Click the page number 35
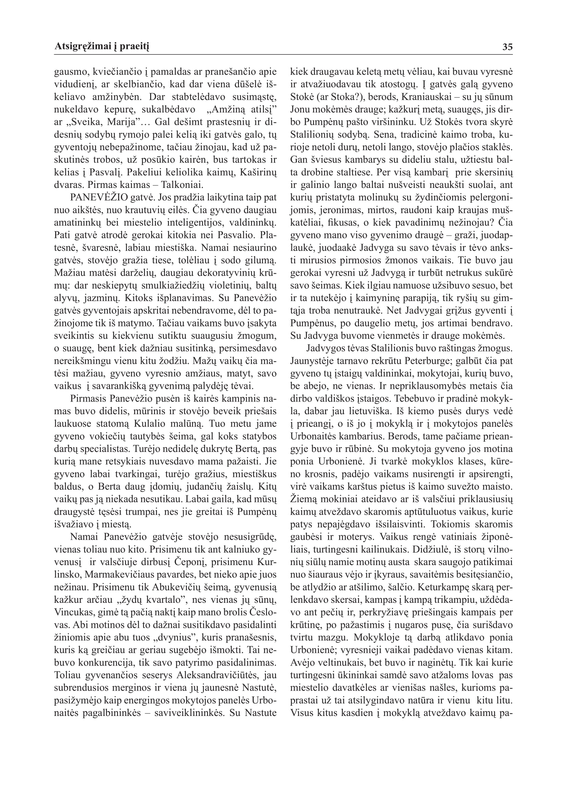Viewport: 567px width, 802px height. tap(507, 47)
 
